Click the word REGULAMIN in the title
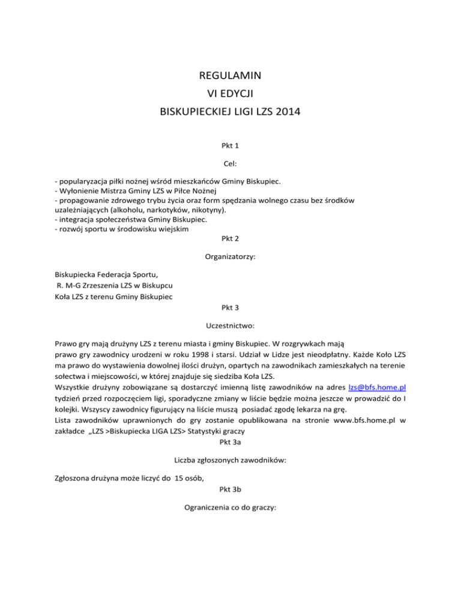point(230,76)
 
